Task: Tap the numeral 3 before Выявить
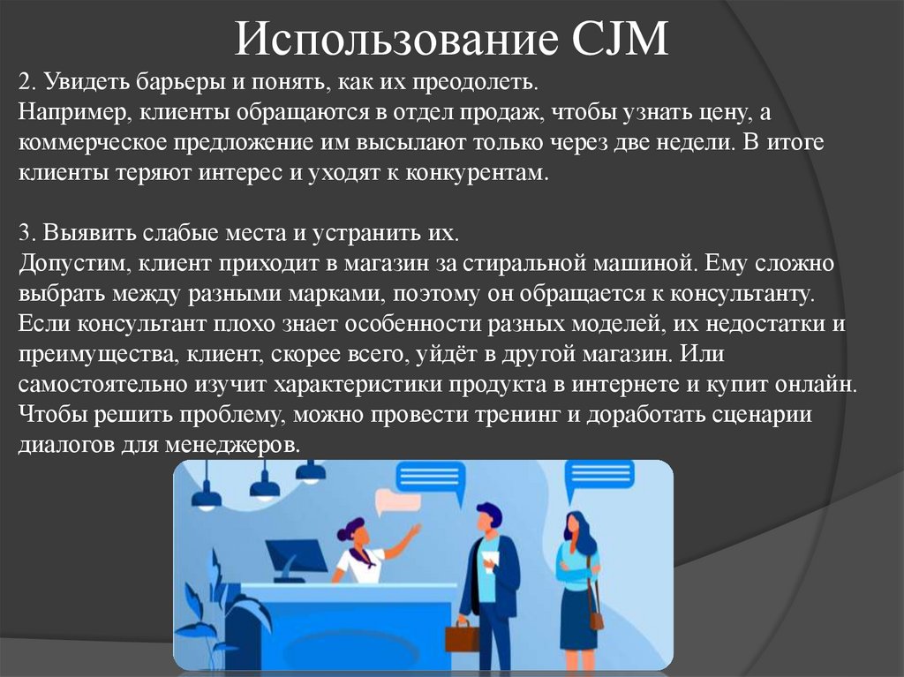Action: (x=23, y=233)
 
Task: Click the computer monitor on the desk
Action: (x=296, y=558)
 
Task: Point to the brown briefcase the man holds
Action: (x=461, y=636)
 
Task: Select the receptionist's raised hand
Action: (x=414, y=530)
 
